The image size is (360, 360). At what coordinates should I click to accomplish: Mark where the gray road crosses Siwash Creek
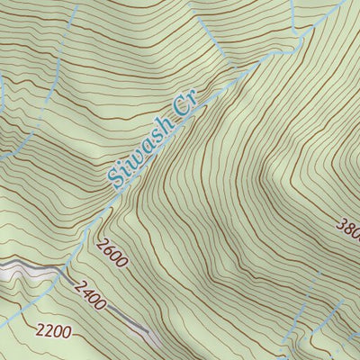point(61,268)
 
